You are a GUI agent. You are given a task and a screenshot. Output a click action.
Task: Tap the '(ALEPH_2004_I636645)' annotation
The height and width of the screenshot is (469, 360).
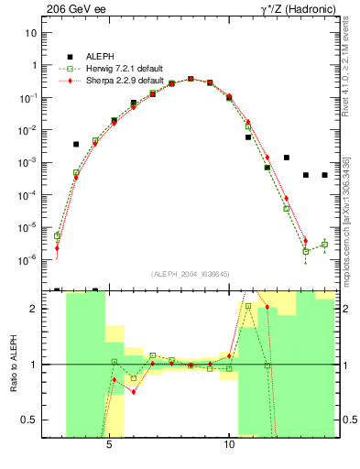191,273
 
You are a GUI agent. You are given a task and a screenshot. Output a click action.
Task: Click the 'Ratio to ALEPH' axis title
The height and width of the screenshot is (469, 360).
14,364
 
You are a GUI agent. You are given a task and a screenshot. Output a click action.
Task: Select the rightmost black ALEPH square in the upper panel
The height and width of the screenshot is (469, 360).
324,175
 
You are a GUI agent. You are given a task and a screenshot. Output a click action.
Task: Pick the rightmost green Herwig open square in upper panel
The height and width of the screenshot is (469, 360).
324,245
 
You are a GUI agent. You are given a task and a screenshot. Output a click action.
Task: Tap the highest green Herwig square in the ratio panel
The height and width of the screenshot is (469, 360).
248,307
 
